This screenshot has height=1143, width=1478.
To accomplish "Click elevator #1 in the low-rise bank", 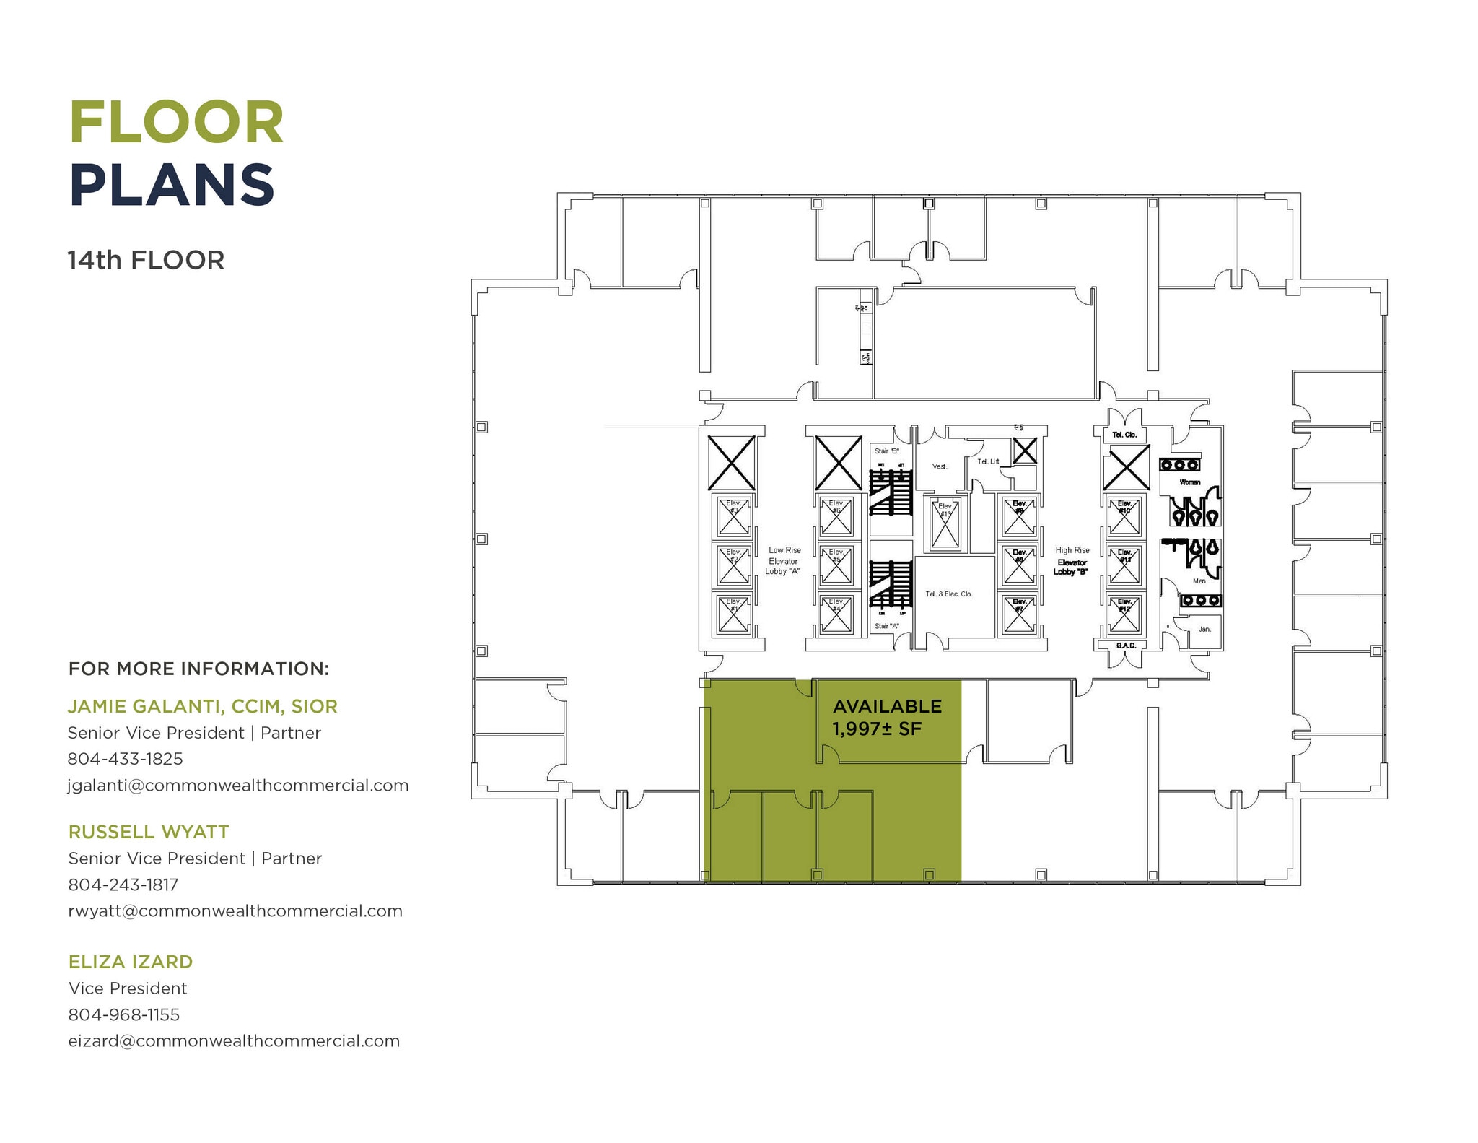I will (x=733, y=615).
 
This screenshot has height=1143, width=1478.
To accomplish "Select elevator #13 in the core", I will (x=945, y=525).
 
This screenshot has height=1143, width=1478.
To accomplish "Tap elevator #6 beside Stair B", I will (x=836, y=517).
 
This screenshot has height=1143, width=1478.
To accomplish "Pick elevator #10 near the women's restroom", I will (x=1124, y=517).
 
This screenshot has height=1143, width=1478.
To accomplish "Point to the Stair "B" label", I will (x=887, y=451).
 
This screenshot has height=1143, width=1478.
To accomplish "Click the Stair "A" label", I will (x=887, y=626).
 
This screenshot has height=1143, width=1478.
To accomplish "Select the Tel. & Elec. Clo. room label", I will (x=948, y=594).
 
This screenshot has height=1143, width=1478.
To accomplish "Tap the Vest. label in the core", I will (x=939, y=466).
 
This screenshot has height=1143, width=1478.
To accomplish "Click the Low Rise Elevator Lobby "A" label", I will (x=784, y=561).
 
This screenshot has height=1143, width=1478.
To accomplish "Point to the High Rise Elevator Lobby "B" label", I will (x=1072, y=561).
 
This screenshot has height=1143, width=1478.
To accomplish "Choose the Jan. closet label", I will (x=1204, y=629).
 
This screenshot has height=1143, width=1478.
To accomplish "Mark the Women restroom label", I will (x=1189, y=482).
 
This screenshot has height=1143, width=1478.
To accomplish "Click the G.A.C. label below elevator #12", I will (x=1126, y=646).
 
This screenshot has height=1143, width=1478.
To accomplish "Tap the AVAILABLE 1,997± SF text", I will (x=887, y=717).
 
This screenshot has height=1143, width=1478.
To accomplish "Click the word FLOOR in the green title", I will (x=177, y=123).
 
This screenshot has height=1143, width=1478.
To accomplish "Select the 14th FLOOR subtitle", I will (x=146, y=260).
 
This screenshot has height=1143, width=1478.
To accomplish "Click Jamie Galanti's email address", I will (x=237, y=786).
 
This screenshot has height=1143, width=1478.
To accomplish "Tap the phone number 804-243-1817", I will (x=123, y=885).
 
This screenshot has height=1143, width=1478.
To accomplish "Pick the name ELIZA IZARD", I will (x=131, y=962).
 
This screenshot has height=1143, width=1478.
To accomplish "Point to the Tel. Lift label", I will (x=988, y=461).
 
